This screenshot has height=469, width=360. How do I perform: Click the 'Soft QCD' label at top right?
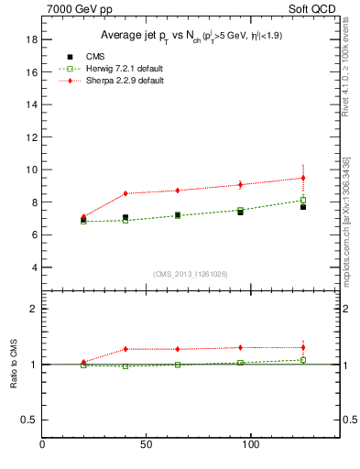pos(315,10)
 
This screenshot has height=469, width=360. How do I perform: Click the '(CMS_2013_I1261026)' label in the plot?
pos(190,275)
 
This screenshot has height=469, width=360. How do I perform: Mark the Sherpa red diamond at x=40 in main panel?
pos(125,193)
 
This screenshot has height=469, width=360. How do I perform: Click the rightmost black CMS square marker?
pos(303,207)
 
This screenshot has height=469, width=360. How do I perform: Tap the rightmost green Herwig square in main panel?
pos(303,200)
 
